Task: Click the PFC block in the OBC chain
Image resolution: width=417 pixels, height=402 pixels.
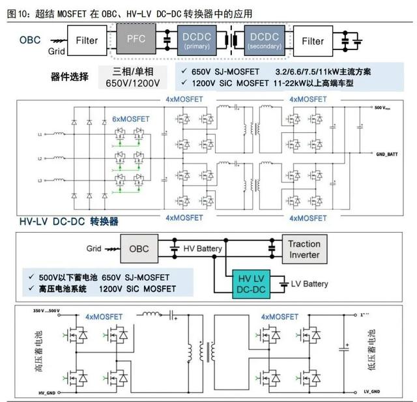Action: coord(136,40)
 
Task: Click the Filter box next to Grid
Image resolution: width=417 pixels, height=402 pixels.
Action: coord(87,40)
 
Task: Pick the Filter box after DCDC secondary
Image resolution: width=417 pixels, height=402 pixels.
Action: coord(313,40)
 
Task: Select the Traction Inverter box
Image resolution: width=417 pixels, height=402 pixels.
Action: coord(304,249)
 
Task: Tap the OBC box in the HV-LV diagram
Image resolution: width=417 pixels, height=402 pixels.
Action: coord(139,249)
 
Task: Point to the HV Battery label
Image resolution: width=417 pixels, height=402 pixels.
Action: coord(203,250)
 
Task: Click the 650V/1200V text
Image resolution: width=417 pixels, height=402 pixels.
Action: coord(132,83)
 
